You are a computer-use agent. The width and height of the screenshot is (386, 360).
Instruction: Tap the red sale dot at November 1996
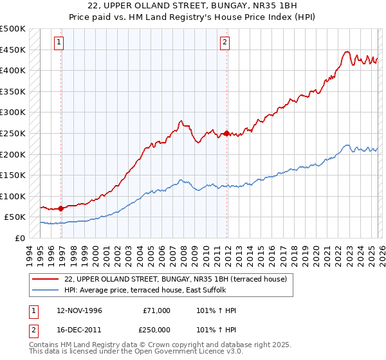[61, 208]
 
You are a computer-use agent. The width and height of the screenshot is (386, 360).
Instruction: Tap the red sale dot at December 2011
[227, 133]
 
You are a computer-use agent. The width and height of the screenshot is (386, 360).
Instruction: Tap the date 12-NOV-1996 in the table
[80, 310]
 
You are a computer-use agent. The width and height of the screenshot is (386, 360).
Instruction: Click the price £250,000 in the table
[156, 328]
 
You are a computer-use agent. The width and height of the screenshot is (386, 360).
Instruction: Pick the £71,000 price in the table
[156, 310]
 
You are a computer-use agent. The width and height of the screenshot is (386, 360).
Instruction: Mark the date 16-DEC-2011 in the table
[80, 328]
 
